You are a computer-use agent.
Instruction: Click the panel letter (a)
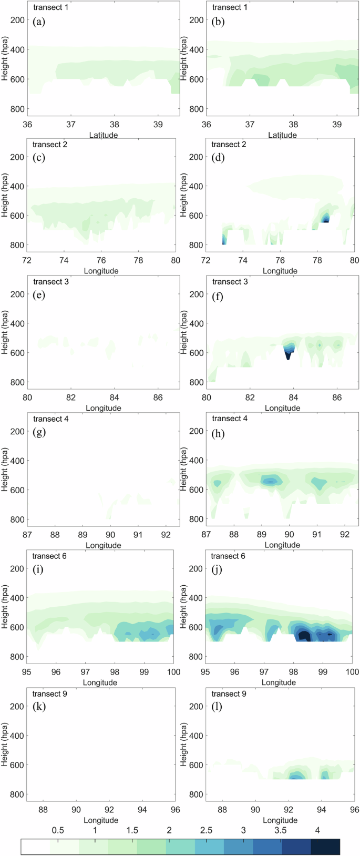(39, 22)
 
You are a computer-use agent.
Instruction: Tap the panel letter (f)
(218, 296)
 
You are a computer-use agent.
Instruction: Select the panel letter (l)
(217, 707)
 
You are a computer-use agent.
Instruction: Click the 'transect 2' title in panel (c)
(50, 145)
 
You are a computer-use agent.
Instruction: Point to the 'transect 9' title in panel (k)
(50, 694)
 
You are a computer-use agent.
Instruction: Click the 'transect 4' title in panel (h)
(230, 419)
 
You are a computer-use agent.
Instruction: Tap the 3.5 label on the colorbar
(281, 830)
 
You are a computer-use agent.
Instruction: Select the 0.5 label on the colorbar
(58, 830)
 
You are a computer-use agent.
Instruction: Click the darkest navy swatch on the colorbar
(325, 847)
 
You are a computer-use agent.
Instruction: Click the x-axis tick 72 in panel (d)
(206, 260)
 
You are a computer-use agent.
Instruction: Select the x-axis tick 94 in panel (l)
(322, 809)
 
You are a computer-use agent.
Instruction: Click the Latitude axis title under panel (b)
(282, 135)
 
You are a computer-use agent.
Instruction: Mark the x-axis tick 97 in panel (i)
(85, 672)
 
